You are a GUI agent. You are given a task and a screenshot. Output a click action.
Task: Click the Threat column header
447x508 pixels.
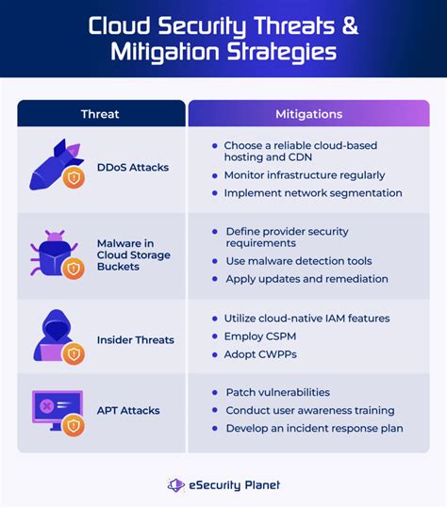pyautogui.click(x=100, y=114)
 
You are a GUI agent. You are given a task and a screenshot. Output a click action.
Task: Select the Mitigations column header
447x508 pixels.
pyautogui.click(x=309, y=114)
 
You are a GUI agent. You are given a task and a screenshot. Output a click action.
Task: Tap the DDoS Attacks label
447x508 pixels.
pyautogui.click(x=133, y=168)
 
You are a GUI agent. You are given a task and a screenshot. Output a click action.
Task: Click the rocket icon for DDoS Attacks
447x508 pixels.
pyautogui.click(x=57, y=165)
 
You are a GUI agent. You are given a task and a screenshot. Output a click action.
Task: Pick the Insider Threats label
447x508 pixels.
pyautogui.click(x=136, y=340)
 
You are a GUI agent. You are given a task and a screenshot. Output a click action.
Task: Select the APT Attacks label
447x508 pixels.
pyautogui.click(x=128, y=411)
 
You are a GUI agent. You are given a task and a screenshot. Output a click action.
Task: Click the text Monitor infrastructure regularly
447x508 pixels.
pyautogui.click(x=305, y=175)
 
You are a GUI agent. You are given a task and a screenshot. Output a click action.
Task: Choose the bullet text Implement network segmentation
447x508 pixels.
pyautogui.click(x=313, y=193)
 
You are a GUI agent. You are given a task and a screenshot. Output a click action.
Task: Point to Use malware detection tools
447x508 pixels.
pyautogui.click(x=299, y=261)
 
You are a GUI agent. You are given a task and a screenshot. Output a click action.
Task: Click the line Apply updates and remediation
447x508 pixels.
pyautogui.click(x=307, y=279)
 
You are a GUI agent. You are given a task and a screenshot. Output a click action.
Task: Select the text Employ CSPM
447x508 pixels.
pyautogui.click(x=260, y=336)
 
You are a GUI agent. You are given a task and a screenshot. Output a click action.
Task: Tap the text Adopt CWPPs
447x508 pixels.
pyautogui.click(x=260, y=354)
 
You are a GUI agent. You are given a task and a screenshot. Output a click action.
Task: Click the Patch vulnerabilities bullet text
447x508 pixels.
pyautogui.click(x=278, y=393)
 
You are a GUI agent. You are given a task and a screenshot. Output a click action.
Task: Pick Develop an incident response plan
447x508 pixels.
pyautogui.click(x=314, y=428)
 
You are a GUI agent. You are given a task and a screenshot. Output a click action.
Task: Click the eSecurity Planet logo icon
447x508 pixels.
pyautogui.click(x=176, y=485)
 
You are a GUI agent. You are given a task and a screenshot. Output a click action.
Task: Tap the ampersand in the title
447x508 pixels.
pyautogui.click(x=350, y=25)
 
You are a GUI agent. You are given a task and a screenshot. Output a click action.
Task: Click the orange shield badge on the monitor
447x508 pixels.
pyautogui.click(x=74, y=426)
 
